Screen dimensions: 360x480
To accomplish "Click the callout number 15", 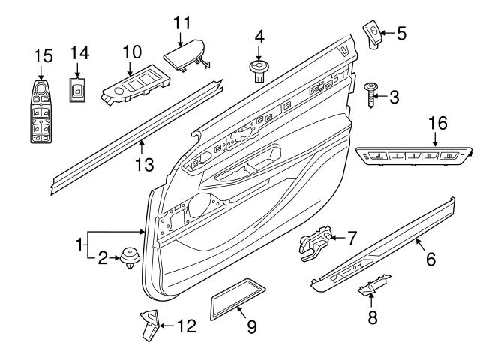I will [x=44, y=55].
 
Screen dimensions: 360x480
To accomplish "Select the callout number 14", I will [x=79, y=52].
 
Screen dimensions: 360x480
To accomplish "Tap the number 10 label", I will [x=132, y=52].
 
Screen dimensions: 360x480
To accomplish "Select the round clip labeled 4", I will [x=259, y=70].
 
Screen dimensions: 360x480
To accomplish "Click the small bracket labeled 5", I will [x=373, y=33].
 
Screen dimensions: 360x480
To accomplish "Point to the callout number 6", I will [x=430, y=259].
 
